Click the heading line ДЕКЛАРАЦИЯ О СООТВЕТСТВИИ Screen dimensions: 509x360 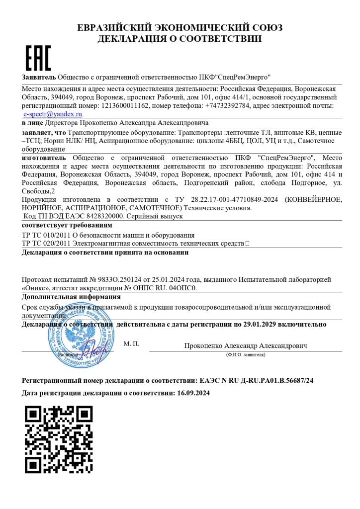pos(180,38)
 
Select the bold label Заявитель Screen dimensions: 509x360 pos(39,77)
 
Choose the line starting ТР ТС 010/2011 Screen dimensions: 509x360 pos(108,235)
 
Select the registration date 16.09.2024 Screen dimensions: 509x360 pos(193,393)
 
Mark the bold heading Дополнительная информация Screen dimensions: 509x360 pos(71,297)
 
